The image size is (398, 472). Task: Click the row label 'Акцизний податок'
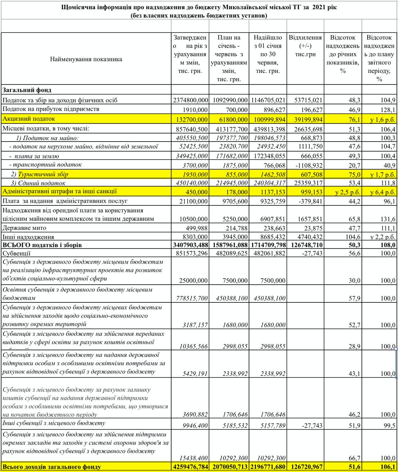click(29, 119)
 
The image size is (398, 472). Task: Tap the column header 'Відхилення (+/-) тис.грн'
click(305, 46)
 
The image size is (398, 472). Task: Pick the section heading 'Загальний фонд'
click(27, 90)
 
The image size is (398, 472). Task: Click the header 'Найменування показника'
click(86, 59)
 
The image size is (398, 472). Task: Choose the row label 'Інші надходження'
click(28, 237)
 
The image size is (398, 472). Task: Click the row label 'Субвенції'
click(17, 253)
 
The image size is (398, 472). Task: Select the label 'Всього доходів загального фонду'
click(52, 467)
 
